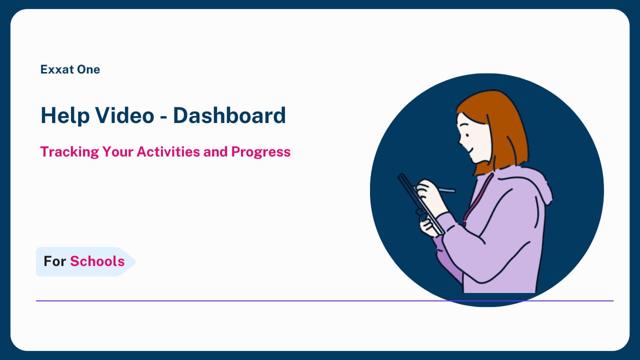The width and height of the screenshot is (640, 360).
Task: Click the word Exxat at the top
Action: pyautogui.click(x=56, y=69)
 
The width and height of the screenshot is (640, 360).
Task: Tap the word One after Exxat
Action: pyautogui.click(x=88, y=69)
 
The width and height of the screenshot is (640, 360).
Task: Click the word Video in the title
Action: pyautogui.click(x=124, y=115)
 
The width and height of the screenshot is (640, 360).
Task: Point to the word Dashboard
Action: pyautogui.click(x=229, y=115)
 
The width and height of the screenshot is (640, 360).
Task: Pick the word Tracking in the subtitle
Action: pyautogui.click(x=69, y=152)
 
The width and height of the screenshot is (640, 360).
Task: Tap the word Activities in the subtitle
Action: pyautogui.click(x=168, y=151)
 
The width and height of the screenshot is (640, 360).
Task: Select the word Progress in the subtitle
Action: pyautogui.click(x=261, y=152)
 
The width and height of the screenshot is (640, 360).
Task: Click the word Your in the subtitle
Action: pyautogui.click(x=117, y=151)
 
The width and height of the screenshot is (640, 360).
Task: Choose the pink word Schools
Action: pyautogui.click(x=97, y=261)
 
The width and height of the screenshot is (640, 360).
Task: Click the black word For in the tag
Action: pyautogui.click(x=54, y=261)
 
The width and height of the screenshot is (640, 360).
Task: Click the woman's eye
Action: pyautogui.click(x=467, y=135)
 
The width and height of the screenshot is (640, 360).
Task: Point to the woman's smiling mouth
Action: pyautogui.click(x=470, y=149)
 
